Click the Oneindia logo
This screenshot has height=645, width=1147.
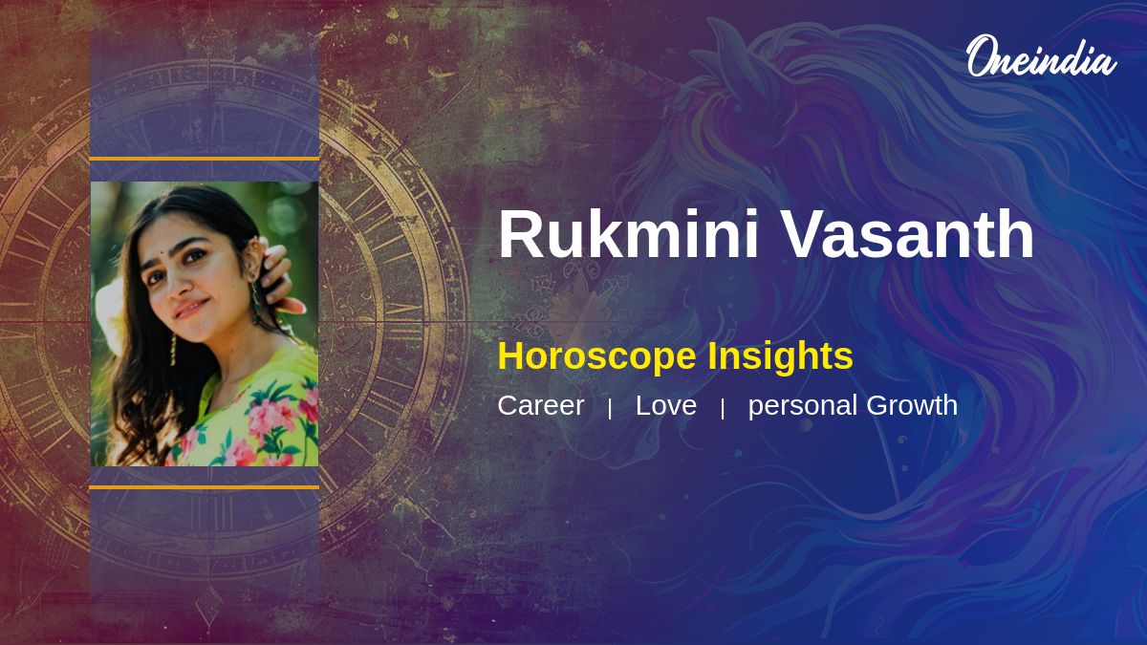[1040, 57]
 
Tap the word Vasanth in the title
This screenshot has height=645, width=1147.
[907, 234]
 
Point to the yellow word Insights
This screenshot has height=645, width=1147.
[780, 356]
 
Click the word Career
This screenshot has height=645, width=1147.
[540, 405]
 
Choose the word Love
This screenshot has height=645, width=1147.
[666, 405]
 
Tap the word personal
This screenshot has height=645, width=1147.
[803, 406]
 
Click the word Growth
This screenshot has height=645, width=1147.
[912, 405]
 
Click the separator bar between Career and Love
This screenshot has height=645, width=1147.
[610, 408]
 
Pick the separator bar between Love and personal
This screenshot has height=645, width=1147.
[723, 408]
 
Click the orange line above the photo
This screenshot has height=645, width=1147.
[204, 159]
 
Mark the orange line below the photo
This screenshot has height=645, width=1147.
[204, 487]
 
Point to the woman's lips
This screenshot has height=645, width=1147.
[188, 309]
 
